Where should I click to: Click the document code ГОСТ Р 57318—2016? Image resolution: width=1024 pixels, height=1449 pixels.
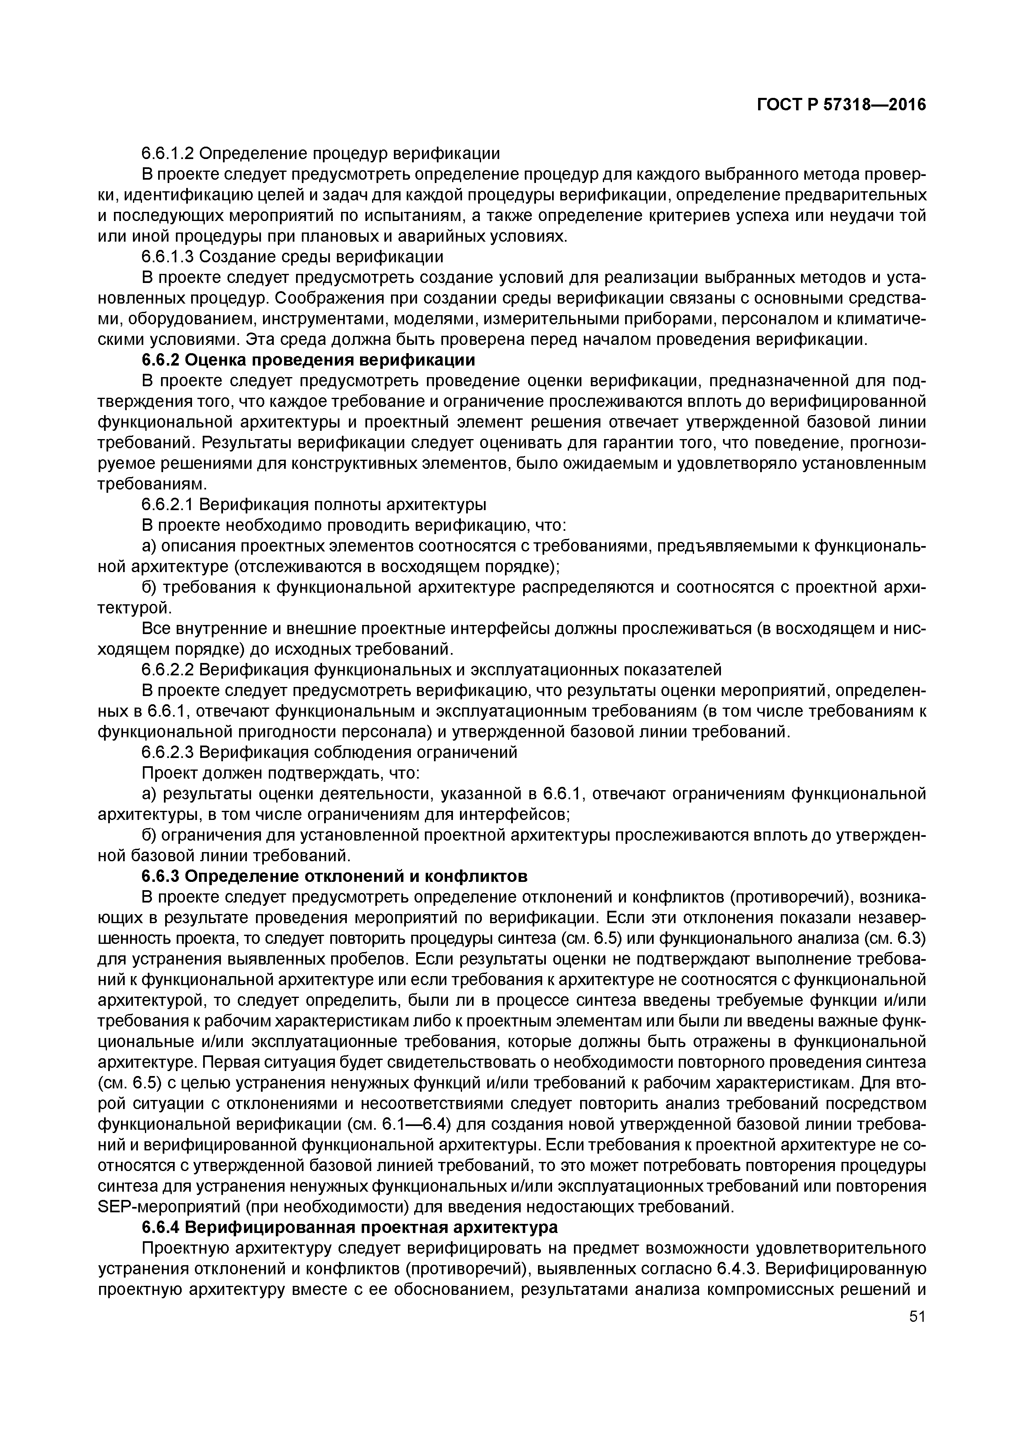tap(841, 105)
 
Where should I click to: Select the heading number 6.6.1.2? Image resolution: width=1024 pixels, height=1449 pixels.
tap(167, 153)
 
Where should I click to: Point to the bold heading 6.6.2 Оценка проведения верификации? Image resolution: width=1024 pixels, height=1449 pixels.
tap(308, 360)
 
